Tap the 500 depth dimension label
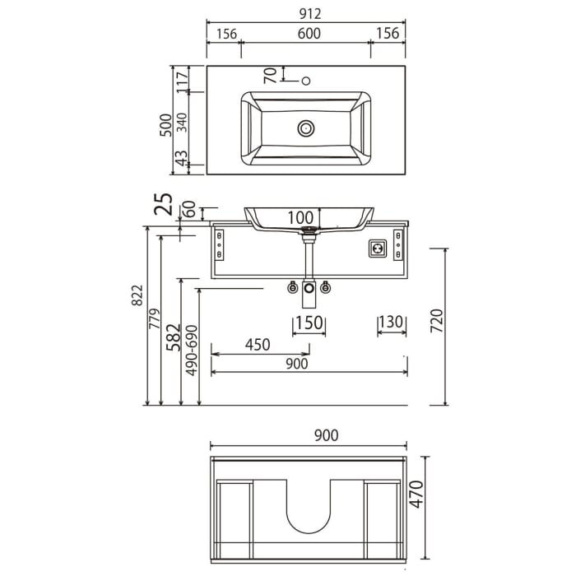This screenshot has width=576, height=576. pyautogui.click(x=166, y=124)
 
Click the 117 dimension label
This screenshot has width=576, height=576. pyautogui.click(x=183, y=81)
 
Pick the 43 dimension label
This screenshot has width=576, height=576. pyautogui.click(x=183, y=156)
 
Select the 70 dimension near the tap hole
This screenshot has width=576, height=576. pyautogui.click(x=269, y=75)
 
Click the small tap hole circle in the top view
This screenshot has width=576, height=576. pyautogui.click(x=306, y=81)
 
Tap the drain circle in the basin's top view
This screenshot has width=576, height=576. pyautogui.click(x=306, y=128)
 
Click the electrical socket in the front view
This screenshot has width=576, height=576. pyautogui.click(x=379, y=246)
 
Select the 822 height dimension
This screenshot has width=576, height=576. pyautogui.click(x=137, y=297)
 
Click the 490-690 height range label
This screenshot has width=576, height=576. pyautogui.click(x=192, y=351)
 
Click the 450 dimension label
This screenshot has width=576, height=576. pyautogui.click(x=257, y=345)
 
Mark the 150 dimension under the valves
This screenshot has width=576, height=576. pyautogui.click(x=309, y=323)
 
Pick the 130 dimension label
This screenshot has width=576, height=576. pyautogui.click(x=392, y=323)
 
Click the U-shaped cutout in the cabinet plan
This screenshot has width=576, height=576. pyautogui.click(x=309, y=509)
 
